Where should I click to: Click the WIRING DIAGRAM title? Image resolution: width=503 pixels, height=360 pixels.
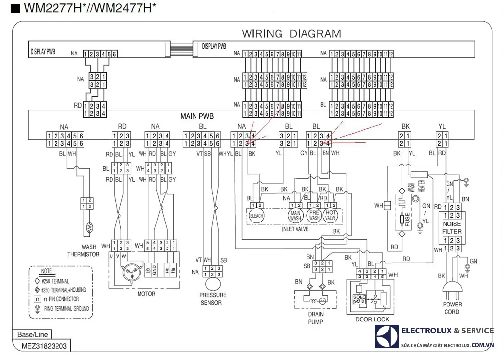(x=291, y=34)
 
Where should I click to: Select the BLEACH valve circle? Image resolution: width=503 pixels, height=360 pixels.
(x=257, y=216)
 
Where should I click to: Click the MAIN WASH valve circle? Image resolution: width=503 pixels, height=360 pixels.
(x=296, y=216)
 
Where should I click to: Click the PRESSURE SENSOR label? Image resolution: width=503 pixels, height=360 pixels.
(x=213, y=299)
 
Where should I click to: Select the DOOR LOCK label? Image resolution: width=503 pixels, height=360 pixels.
(x=372, y=319)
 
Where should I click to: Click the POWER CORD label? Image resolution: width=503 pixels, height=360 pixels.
(x=452, y=308)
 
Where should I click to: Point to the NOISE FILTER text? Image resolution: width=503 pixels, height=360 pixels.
(x=452, y=227)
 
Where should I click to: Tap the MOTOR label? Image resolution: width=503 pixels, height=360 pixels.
(x=146, y=294)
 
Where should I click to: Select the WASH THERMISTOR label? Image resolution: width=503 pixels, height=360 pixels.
(x=84, y=250)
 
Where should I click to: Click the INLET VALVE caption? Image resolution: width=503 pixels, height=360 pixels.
(x=295, y=229)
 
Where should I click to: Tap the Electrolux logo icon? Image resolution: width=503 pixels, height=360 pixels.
(x=387, y=336)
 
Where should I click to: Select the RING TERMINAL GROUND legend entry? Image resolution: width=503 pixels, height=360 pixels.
(x=67, y=308)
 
